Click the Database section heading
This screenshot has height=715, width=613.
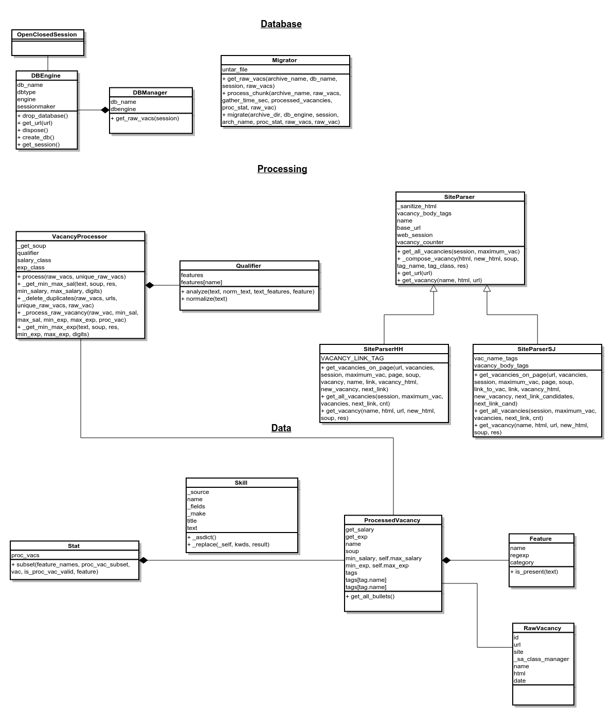(281, 24)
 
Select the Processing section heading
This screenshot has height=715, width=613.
(282, 169)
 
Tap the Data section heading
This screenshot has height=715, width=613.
(281, 428)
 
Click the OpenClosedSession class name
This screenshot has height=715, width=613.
(47, 34)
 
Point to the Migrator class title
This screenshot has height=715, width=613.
(284, 60)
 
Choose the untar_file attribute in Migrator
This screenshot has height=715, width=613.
(235, 69)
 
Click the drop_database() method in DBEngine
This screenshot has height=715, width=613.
(44, 116)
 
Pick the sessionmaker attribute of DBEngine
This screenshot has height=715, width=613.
(36, 106)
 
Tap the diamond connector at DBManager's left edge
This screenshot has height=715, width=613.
(105, 109)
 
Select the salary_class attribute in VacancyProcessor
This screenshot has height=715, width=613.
(34, 260)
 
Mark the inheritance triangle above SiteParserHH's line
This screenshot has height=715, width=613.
(434, 289)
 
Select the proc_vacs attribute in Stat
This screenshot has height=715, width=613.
(25, 555)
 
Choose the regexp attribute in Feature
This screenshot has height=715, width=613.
(519, 555)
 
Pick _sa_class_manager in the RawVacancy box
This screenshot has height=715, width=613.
(541, 659)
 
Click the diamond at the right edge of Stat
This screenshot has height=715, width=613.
(143, 560)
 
